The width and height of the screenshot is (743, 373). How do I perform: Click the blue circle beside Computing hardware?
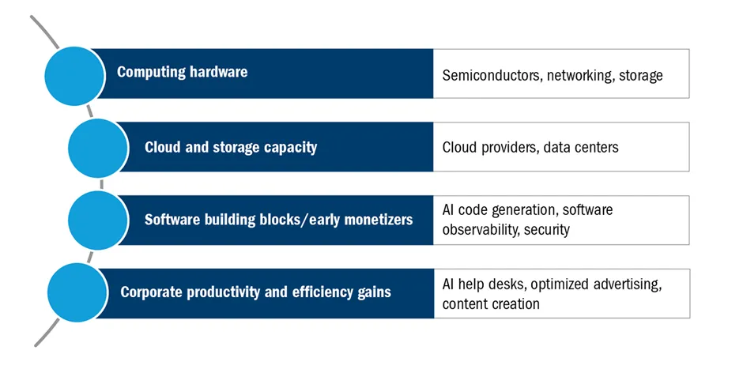click(74, 76)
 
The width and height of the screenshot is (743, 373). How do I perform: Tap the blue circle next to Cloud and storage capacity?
click(98, 148)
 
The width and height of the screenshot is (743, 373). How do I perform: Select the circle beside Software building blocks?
click(98, 220)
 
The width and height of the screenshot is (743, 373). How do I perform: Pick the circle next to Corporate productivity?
click(77, 292)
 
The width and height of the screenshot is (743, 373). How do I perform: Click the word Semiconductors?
click(492, 75)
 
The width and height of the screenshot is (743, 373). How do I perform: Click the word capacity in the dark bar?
click(290, 148)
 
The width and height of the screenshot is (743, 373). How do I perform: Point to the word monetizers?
click(378, 220)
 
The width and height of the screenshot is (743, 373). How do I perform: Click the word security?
click(547, 230)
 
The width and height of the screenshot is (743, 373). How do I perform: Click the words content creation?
click(491, 303)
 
